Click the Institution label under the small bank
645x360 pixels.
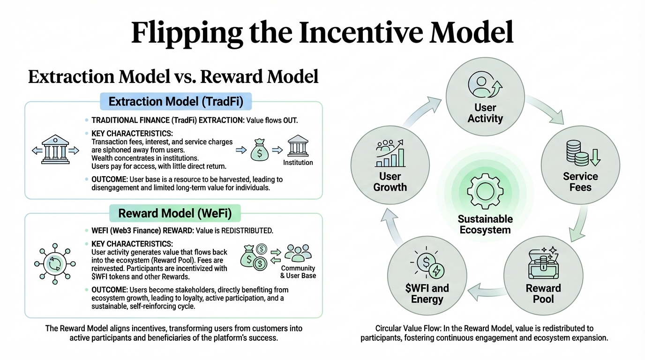pyautogui.click(x=298, y=163)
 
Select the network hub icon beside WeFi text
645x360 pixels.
pyautogui.click(x=52, y=263)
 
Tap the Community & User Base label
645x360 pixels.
pyautogui.click(x=298, y=272)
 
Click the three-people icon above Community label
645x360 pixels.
pyautogui.click(x=298, y=254)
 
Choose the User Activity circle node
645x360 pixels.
pyautogui.click(x=485, y=98)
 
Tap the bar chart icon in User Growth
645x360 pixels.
pyautogui.click(x=390, y=155)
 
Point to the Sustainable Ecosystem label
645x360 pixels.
pyautogui.click(x=485, y=225)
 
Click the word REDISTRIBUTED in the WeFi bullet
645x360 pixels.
pyautogui.click(x=246, y=231)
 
